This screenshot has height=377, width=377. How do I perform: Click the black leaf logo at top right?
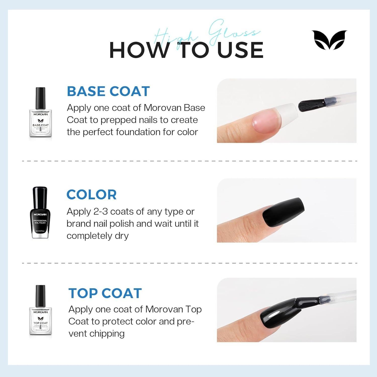point(329,40)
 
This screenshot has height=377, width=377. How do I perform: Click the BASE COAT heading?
point(108,91)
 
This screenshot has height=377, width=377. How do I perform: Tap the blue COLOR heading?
point(91,195)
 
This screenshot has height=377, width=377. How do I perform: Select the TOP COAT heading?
point(105,293)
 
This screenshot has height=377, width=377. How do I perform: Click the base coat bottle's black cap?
point(40,95)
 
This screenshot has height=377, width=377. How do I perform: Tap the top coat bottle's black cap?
point(40,293)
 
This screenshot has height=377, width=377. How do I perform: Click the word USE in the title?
point(240,50)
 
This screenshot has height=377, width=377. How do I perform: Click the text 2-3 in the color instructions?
point(101,212)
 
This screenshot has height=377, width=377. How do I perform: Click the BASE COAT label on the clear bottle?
point(40,125)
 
